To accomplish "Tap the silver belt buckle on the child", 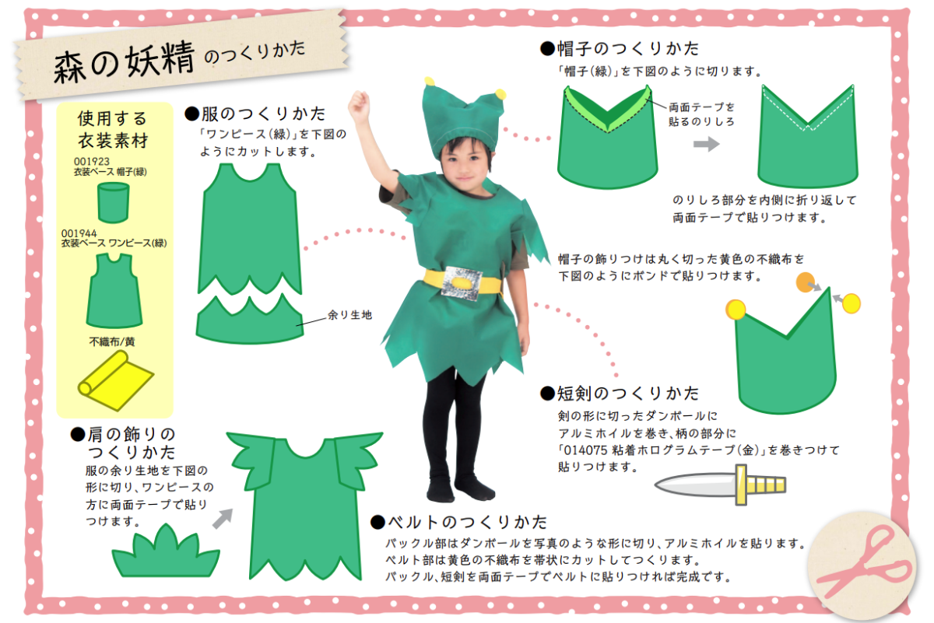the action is tap(462, 283).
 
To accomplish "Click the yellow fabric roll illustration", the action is tap(115, 380).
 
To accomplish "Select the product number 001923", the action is tap(92, 161).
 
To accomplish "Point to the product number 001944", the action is tap(79, 233).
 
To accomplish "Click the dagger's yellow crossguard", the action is tap(741, 485).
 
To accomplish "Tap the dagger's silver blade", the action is tap(695, 485).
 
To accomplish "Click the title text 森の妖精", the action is tap(124, 61).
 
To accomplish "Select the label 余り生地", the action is tap(349, 315).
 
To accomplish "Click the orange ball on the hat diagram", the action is tap(805, 282).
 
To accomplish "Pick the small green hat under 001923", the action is tap(113, 202).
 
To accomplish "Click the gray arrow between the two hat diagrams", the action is tap(707, 144).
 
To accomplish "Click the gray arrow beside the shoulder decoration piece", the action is tap(223, 519).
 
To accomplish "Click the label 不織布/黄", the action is tap(112, 341).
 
